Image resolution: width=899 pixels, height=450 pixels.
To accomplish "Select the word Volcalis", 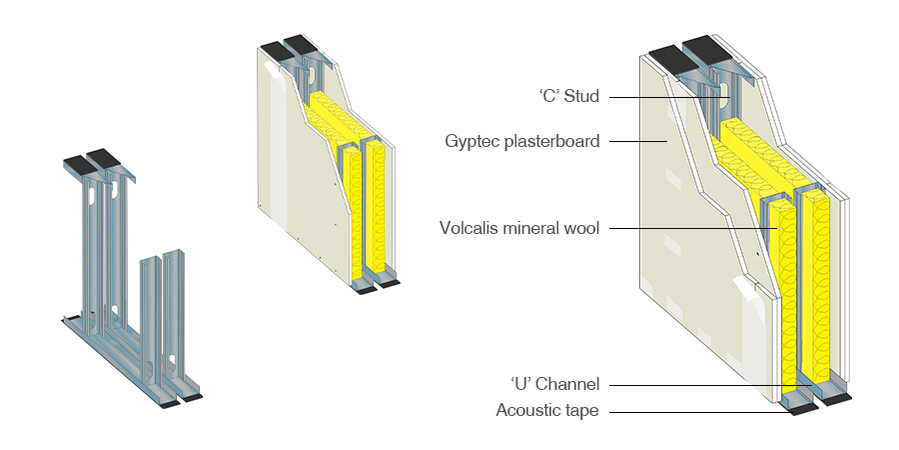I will tap(467, 228).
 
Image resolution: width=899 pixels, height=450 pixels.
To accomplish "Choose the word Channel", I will tap(569, 385).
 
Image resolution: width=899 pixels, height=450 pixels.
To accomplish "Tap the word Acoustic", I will tap(529, 410).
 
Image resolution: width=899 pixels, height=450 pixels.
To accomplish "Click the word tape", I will tap(582, 410).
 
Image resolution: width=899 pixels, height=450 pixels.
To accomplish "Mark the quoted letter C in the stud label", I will tap(545, 97).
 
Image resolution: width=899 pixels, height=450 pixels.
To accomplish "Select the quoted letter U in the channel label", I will tap(520, 385).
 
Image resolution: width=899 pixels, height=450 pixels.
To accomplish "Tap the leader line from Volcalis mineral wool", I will tap(689, 228).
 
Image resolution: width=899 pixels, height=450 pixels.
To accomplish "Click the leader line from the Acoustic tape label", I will tap(699, 410).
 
